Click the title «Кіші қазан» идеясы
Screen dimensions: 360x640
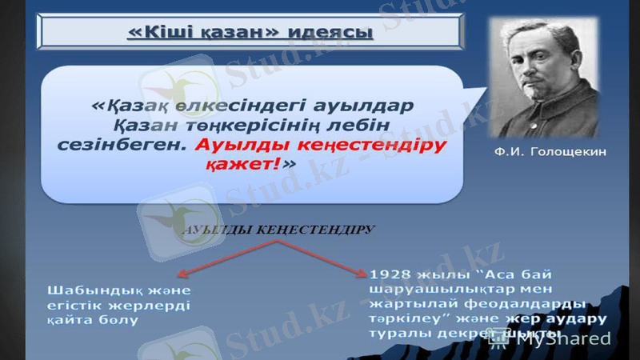pos(250,33)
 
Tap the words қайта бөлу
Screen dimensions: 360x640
pos(92,319)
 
